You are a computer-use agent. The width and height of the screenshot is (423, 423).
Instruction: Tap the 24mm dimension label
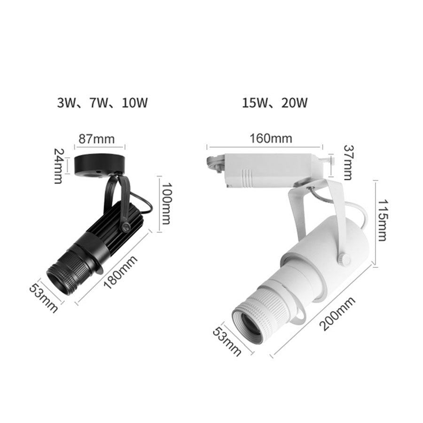coord(59,166)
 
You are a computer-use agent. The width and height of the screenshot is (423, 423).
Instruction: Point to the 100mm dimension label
coord(166,203)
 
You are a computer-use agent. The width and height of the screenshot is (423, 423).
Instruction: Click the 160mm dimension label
coord(270,138)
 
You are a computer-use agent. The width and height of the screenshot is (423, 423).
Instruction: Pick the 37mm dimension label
coord(348,162)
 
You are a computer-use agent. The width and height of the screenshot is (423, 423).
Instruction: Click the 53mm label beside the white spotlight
coord(227,341)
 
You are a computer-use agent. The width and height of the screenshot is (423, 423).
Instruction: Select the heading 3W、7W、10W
coord(102,102)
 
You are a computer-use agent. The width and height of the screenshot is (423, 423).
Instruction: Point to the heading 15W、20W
coord(275,102)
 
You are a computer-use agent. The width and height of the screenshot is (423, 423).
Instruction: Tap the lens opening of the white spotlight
coord(249,325)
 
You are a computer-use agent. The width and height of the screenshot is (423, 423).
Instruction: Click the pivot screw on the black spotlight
coord(125,227)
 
